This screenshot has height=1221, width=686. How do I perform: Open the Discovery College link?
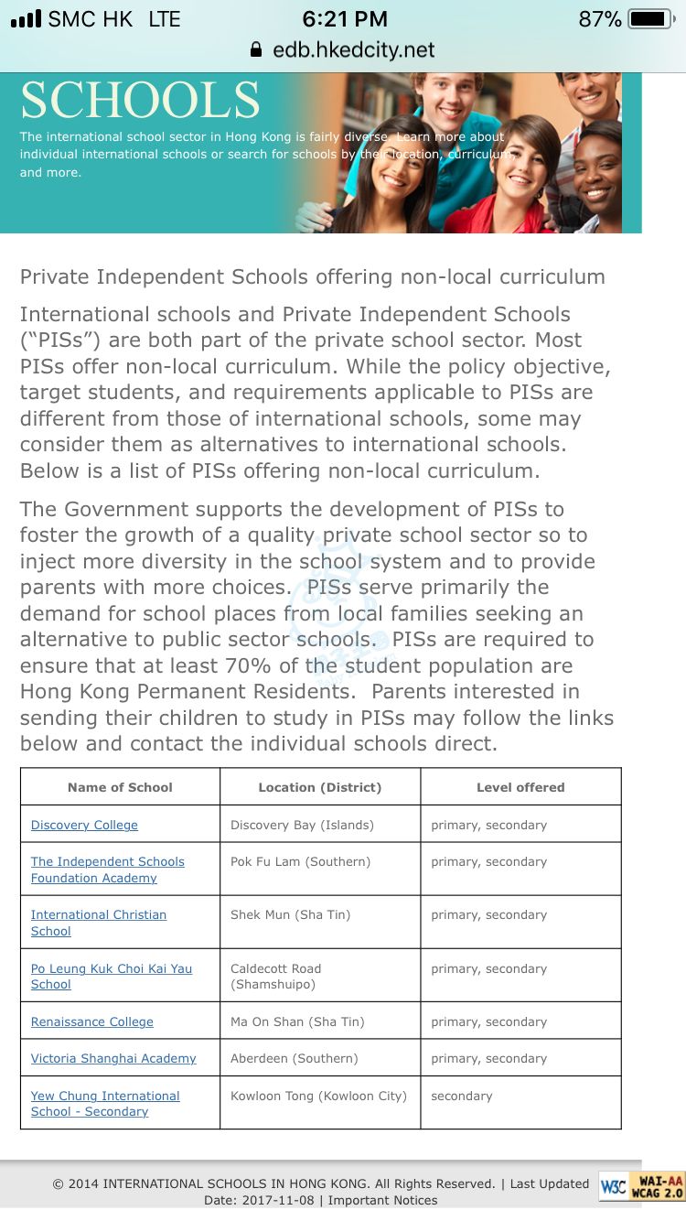(x=84, y=825)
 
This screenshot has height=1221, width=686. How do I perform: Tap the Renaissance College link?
(x=91, y=1021)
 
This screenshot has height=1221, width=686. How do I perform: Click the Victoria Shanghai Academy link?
(x=113, y=1058)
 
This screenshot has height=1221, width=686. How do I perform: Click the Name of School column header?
(x=120, y=787)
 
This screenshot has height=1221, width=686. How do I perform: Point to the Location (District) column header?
(x=319, y=787)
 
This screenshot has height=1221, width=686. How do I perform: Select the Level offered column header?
(x=520, y=787)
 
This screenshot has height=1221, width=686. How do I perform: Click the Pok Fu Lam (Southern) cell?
(x=300, y=862)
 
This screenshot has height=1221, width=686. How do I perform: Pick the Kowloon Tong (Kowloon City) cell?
(x=318, y=1096)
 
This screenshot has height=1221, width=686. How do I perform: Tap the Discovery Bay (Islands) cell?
(x=302, y=825)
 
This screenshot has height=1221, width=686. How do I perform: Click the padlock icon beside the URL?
(x=256, y=49)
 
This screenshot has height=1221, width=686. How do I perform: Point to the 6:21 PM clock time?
(x=344, y=19)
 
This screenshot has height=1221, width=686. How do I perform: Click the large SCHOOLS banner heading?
(x=140, y=101)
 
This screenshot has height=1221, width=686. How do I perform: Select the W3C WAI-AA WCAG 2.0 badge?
(x=641, y=1187)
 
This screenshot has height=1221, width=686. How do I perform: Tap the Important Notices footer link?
(x=382, y=1200)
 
